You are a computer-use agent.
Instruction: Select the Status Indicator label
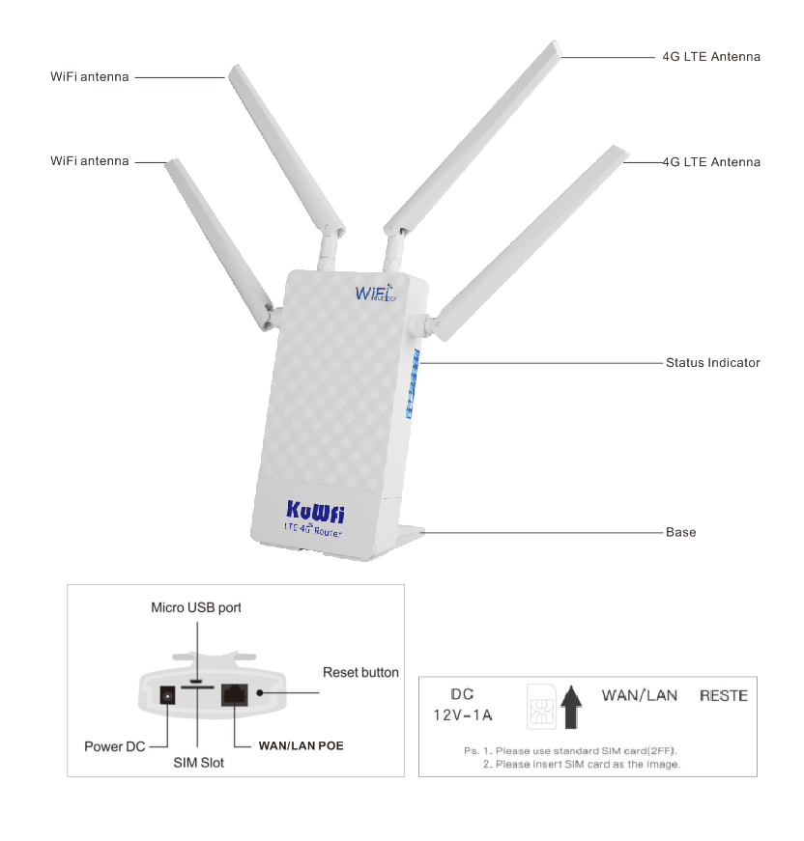coord(712,363)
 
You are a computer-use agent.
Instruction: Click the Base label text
coord(680,532)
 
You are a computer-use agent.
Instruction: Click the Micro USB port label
coord(196,607)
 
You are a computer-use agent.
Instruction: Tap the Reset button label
coord(360,672)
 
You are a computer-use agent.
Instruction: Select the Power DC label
coord(117,746)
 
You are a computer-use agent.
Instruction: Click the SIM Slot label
coord(198,763)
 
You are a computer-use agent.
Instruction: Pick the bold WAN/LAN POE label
coord(301,746)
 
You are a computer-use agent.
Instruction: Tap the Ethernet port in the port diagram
coord(235,694)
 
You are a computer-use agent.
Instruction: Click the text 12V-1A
coord(462,715)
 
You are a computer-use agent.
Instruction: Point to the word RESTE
coord(723,695)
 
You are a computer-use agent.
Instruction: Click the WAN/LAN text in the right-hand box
coord(639,695)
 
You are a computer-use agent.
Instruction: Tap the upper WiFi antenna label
coord(89,76)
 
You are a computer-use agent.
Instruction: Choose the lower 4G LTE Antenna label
coord(711,162)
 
